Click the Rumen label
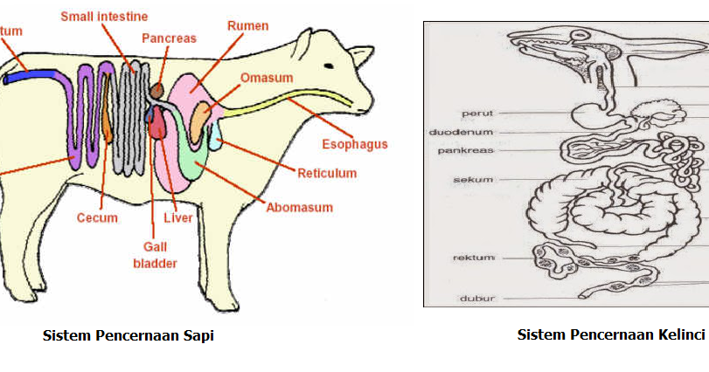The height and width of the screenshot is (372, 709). [247, 26]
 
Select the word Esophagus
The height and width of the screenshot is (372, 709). [355, 144]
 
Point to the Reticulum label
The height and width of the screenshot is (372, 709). [327, 173]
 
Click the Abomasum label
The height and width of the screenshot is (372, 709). [300, 207]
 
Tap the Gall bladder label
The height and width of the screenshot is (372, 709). [155, 255]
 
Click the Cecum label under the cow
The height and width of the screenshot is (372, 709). [97, 217]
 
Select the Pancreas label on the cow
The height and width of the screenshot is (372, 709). [170, 38]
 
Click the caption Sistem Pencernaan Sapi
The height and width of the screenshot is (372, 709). [129, 336]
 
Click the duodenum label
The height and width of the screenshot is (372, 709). [462, 132]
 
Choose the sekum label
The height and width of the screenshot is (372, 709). [473, 180]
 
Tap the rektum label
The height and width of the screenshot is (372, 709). [475, 258]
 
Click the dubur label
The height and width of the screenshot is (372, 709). [477, 299]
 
